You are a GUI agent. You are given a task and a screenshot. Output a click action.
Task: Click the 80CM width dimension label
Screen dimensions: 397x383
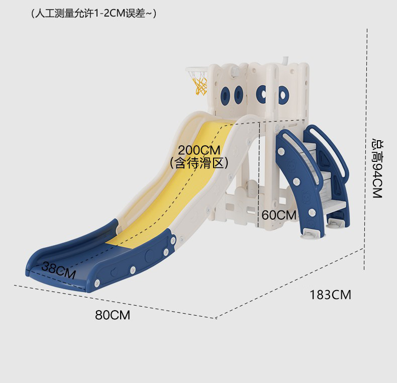pos(113,315)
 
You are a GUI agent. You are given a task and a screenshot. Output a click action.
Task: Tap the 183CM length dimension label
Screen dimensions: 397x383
pos(330,295)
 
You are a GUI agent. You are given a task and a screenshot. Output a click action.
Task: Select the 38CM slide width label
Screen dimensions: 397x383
pos(58,270)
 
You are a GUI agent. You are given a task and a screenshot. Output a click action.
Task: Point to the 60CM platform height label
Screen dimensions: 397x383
pos(279,215)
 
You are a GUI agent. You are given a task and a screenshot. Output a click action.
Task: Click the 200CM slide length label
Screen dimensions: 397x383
pos(198,150)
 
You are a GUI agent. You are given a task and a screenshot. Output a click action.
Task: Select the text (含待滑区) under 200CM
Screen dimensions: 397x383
pos(199,162)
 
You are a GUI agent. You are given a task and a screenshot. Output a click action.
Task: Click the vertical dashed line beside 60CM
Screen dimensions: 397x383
pos(258,171)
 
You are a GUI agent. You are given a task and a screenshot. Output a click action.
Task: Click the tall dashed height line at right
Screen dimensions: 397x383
pos(366,151)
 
